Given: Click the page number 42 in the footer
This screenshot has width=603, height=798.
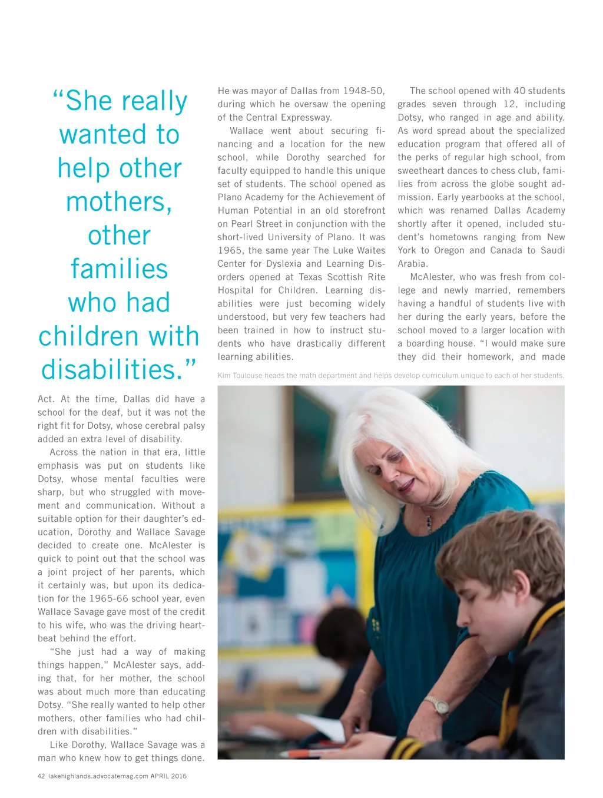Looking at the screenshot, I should click(41, 776).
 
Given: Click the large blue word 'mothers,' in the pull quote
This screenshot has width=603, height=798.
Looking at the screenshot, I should click(120, 202).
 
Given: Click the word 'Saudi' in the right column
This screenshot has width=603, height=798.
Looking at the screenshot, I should click(553, 250).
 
